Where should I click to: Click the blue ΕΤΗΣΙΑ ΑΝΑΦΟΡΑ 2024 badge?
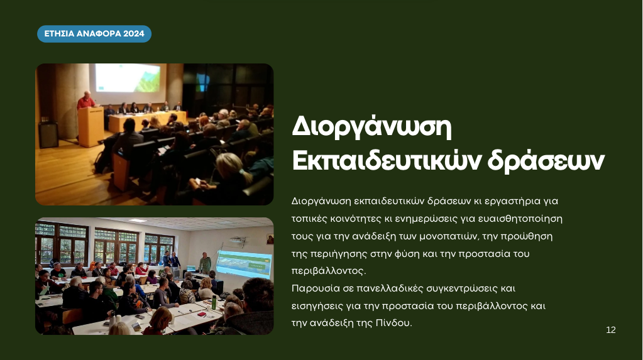[x=94, y=34]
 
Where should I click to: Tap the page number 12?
[x=610, y=330]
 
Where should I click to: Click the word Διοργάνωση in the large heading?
[x=371, y=128]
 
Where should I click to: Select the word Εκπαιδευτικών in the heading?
[x=387, y=160]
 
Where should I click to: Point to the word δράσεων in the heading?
[x=546, y=160]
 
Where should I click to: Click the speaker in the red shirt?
[x=86, y=101]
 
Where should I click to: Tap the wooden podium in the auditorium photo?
[x=91, y=126]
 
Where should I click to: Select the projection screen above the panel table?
[x=128, y=77]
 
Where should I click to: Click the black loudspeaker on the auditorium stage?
[x=48, y=135]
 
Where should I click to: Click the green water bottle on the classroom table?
[x=214, y=302]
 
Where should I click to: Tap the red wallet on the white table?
[x=201, y=314]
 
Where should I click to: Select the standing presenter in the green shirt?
[x=205, y=263]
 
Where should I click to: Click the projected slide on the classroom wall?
[x=244, y=264]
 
